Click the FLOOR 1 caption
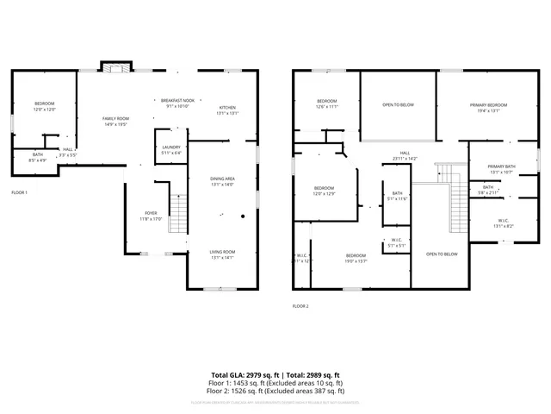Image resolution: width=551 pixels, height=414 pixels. point(19,191)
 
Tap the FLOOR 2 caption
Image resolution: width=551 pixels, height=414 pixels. point(300,306)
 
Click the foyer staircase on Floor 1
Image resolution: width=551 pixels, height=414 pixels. point(177,214)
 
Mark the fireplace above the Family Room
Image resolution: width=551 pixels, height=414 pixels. point(115,66)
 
